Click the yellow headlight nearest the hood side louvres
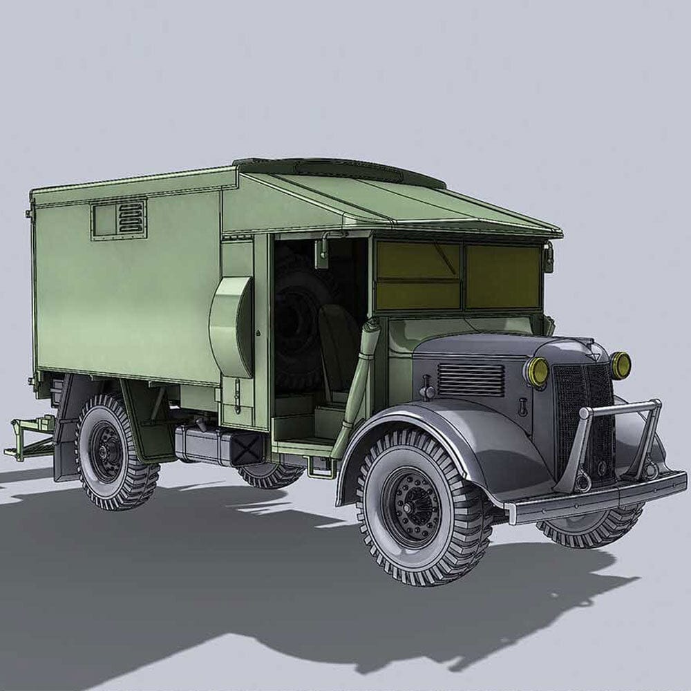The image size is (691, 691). [536, 372]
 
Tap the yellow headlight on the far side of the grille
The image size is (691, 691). [620, 365]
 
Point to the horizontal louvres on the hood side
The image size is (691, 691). [471, 379]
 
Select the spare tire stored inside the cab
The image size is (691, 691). [299, 325]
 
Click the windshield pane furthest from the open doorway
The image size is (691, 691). [502, 276]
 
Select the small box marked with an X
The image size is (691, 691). [247, 448]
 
